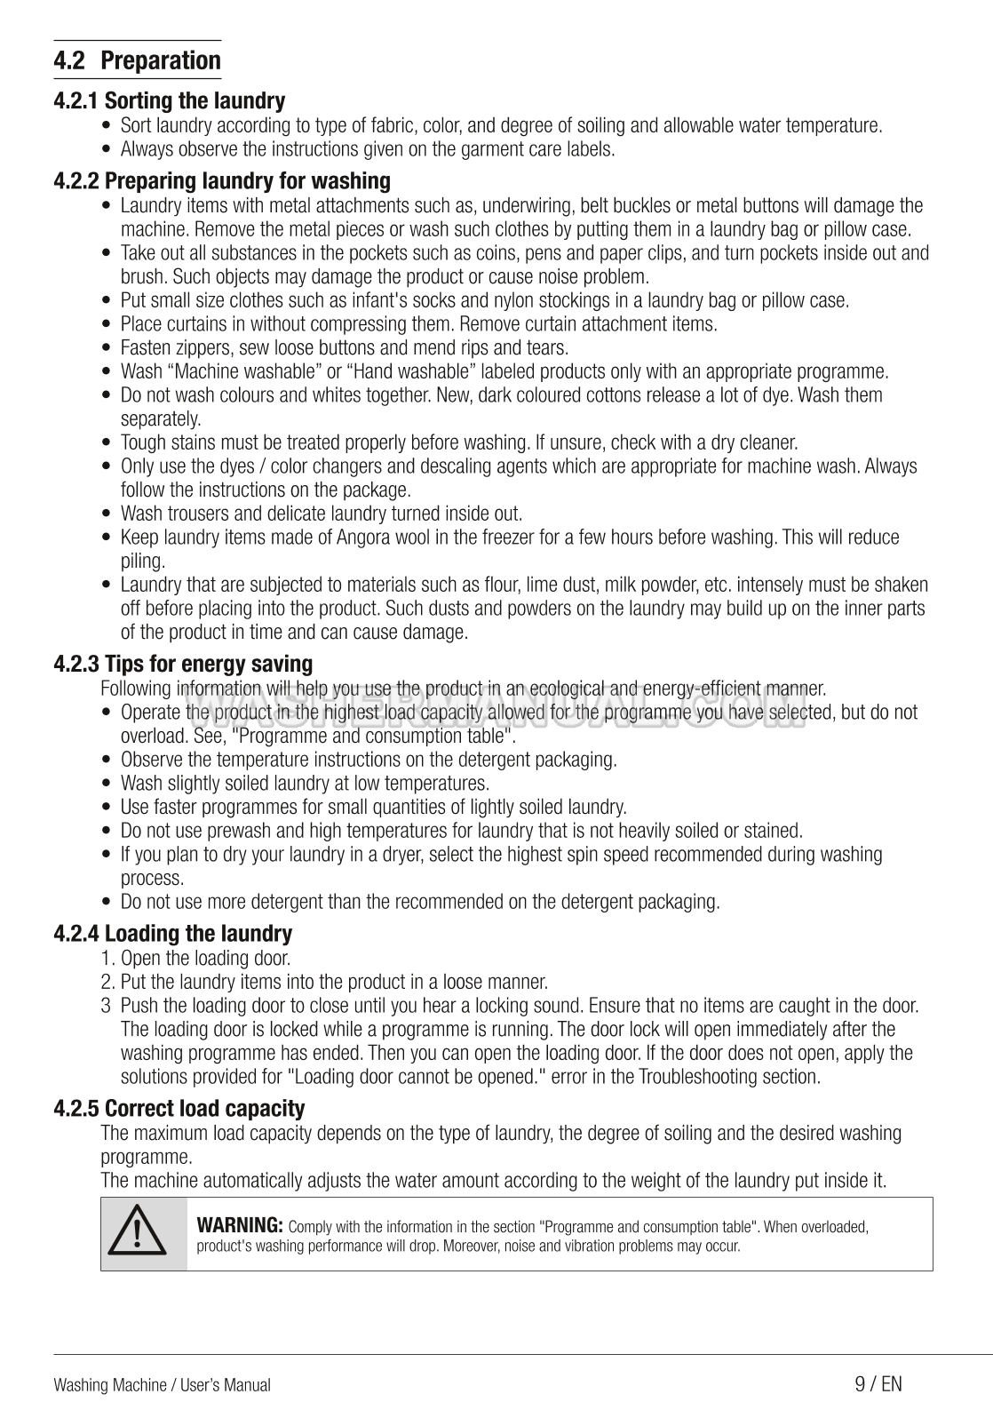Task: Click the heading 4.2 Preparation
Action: click(137, 61)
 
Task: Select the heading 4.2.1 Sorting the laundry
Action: click(169, 101)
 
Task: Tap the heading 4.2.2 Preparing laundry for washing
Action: click(222, 181)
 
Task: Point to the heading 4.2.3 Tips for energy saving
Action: click(183, 664)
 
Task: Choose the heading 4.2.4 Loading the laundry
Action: click(172, 934)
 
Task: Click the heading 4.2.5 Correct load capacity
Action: click(179, 1109)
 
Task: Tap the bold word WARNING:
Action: click(239, 1226)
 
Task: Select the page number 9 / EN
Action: click(878, 1383)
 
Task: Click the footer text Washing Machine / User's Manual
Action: click(162, 1385)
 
